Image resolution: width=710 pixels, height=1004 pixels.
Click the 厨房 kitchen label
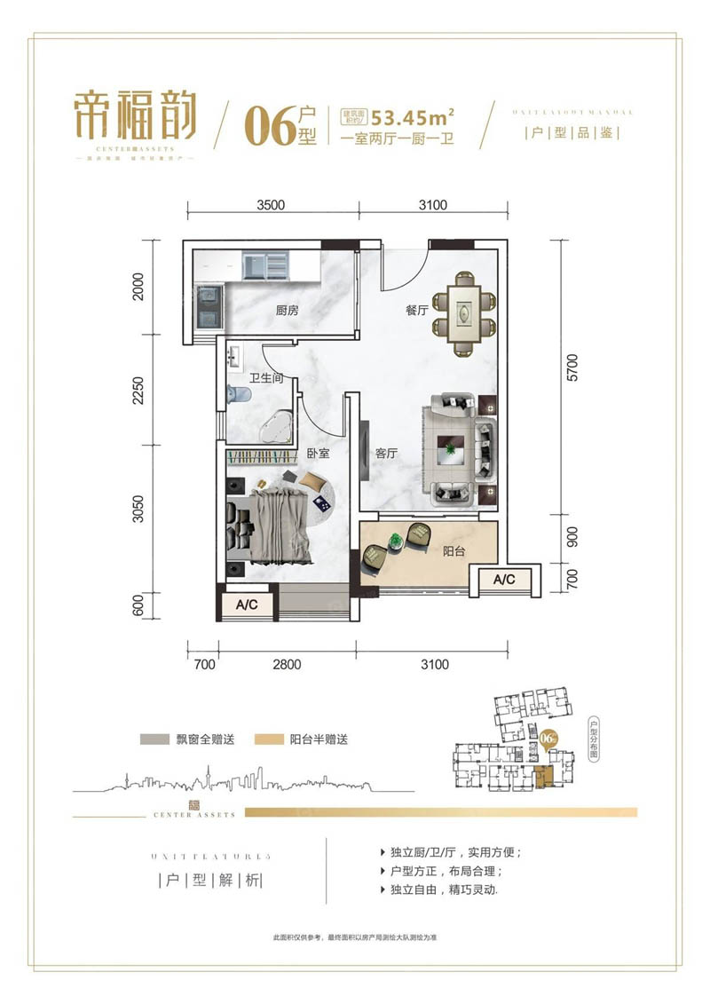coord(286,311)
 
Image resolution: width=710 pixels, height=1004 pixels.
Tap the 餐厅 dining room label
coord(417,311)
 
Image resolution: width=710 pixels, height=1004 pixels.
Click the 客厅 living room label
coord(386,453)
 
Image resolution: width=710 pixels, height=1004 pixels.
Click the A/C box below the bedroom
coord(246,605)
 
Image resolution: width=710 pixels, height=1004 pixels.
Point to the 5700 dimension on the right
coord(572,376)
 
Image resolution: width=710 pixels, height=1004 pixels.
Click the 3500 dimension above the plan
coord(270,205)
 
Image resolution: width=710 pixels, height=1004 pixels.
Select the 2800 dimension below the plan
coord(288,664)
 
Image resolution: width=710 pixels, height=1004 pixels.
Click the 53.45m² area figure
coord(414,117)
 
